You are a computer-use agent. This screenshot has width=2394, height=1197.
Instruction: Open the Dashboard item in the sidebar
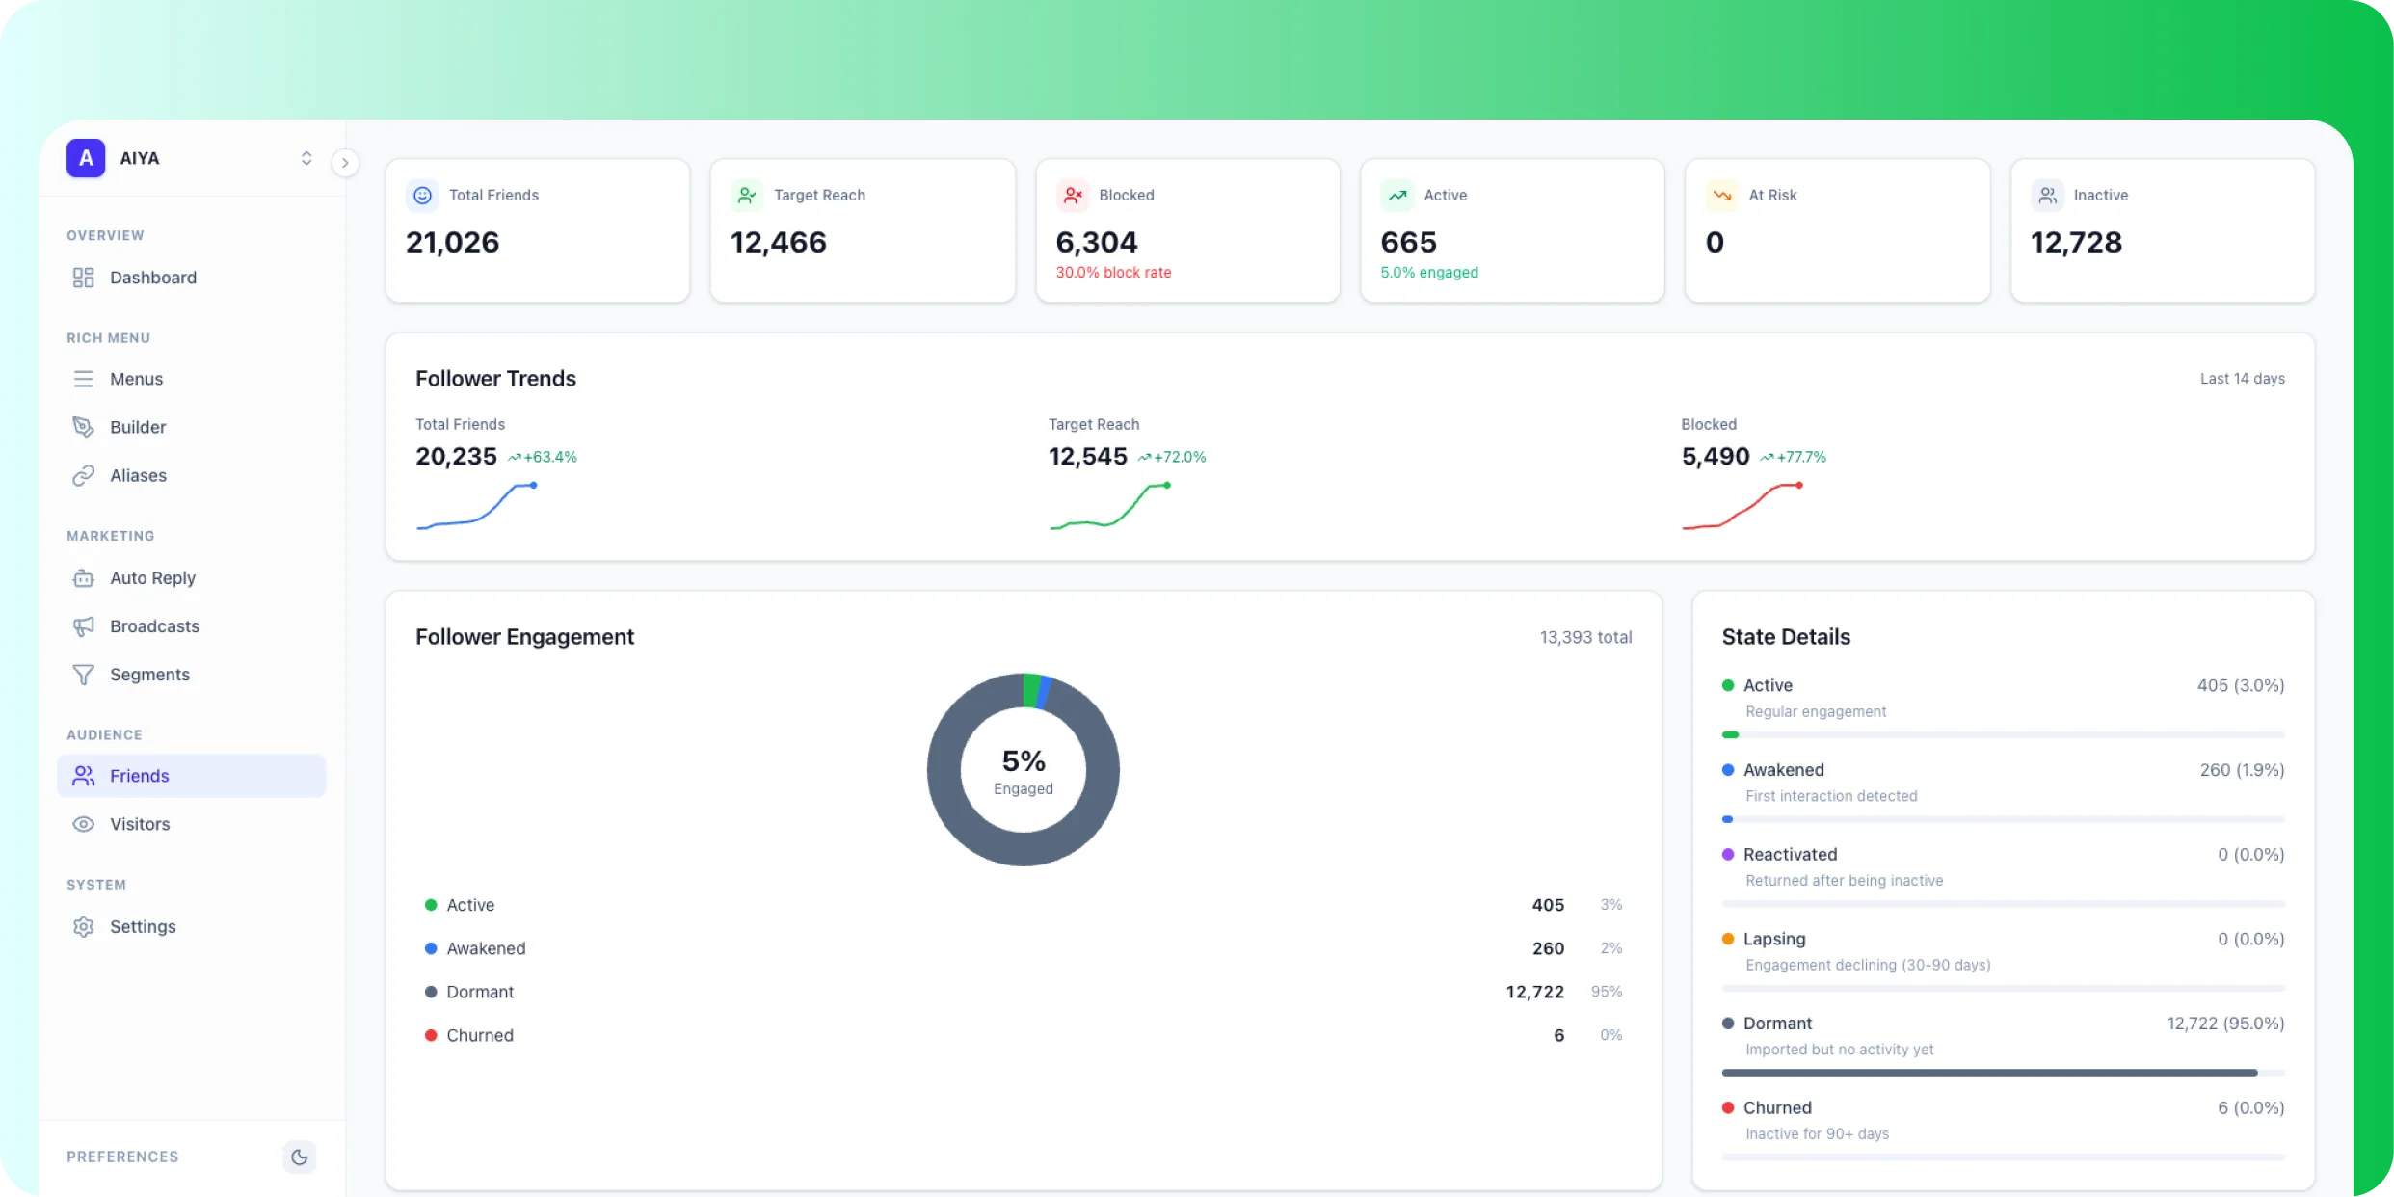(152, 278)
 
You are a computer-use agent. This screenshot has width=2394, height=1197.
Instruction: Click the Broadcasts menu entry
(154, 626)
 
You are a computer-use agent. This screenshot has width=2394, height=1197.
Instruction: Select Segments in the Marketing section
(149, 675)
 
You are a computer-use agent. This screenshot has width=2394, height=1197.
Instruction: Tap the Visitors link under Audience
(140, 824)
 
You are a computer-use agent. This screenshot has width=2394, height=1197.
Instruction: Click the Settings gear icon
(84, 926)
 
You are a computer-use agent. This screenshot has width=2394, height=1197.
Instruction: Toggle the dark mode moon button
(299, 1157)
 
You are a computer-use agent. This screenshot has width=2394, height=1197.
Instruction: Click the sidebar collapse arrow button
(345, 163)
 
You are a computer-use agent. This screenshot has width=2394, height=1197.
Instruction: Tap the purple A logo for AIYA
(86, 158)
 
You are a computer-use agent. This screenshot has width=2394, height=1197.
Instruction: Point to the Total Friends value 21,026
(452, 242)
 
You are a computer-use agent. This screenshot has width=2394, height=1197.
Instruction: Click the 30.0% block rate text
(1113, 273)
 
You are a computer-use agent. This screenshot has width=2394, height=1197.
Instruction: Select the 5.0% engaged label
(1428, 273)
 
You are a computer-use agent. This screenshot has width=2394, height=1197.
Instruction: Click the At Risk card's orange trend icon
(1721, 195)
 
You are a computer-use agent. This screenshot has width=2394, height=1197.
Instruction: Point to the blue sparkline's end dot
(534, 485)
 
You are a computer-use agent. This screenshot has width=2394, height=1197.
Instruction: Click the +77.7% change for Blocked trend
(1800, 457)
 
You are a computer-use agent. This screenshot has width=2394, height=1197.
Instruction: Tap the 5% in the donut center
(1023, 761)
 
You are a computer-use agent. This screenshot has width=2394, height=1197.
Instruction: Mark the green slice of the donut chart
(1031, 690)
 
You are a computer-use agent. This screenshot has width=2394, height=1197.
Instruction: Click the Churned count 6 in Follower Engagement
(1558, 1035)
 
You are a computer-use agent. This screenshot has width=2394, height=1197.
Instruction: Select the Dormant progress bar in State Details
(1989, 1073)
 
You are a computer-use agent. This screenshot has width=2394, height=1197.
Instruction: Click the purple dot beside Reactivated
(1728, 854)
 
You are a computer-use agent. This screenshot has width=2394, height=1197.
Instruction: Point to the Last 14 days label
(2242, 379)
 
